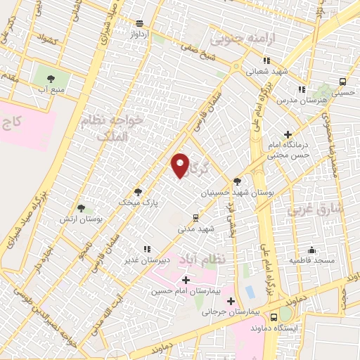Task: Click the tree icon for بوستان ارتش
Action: (x=81, y=209)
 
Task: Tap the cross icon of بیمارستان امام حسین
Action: (x=186, y=280)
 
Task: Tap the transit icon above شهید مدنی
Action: (x=195, y=218)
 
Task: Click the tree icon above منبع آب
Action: (x=52, y=78)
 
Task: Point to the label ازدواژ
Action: (x=140, y=33)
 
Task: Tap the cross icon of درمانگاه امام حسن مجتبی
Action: (x=288, y=134)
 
